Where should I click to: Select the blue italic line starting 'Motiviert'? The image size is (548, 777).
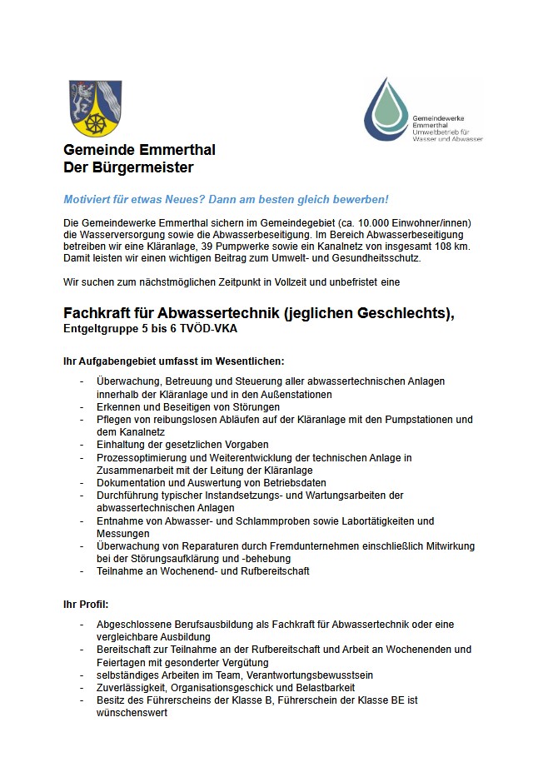226,200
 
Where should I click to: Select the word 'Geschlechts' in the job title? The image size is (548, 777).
406,313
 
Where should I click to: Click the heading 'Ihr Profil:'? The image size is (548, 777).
86,602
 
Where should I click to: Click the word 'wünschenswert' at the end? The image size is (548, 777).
132,714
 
